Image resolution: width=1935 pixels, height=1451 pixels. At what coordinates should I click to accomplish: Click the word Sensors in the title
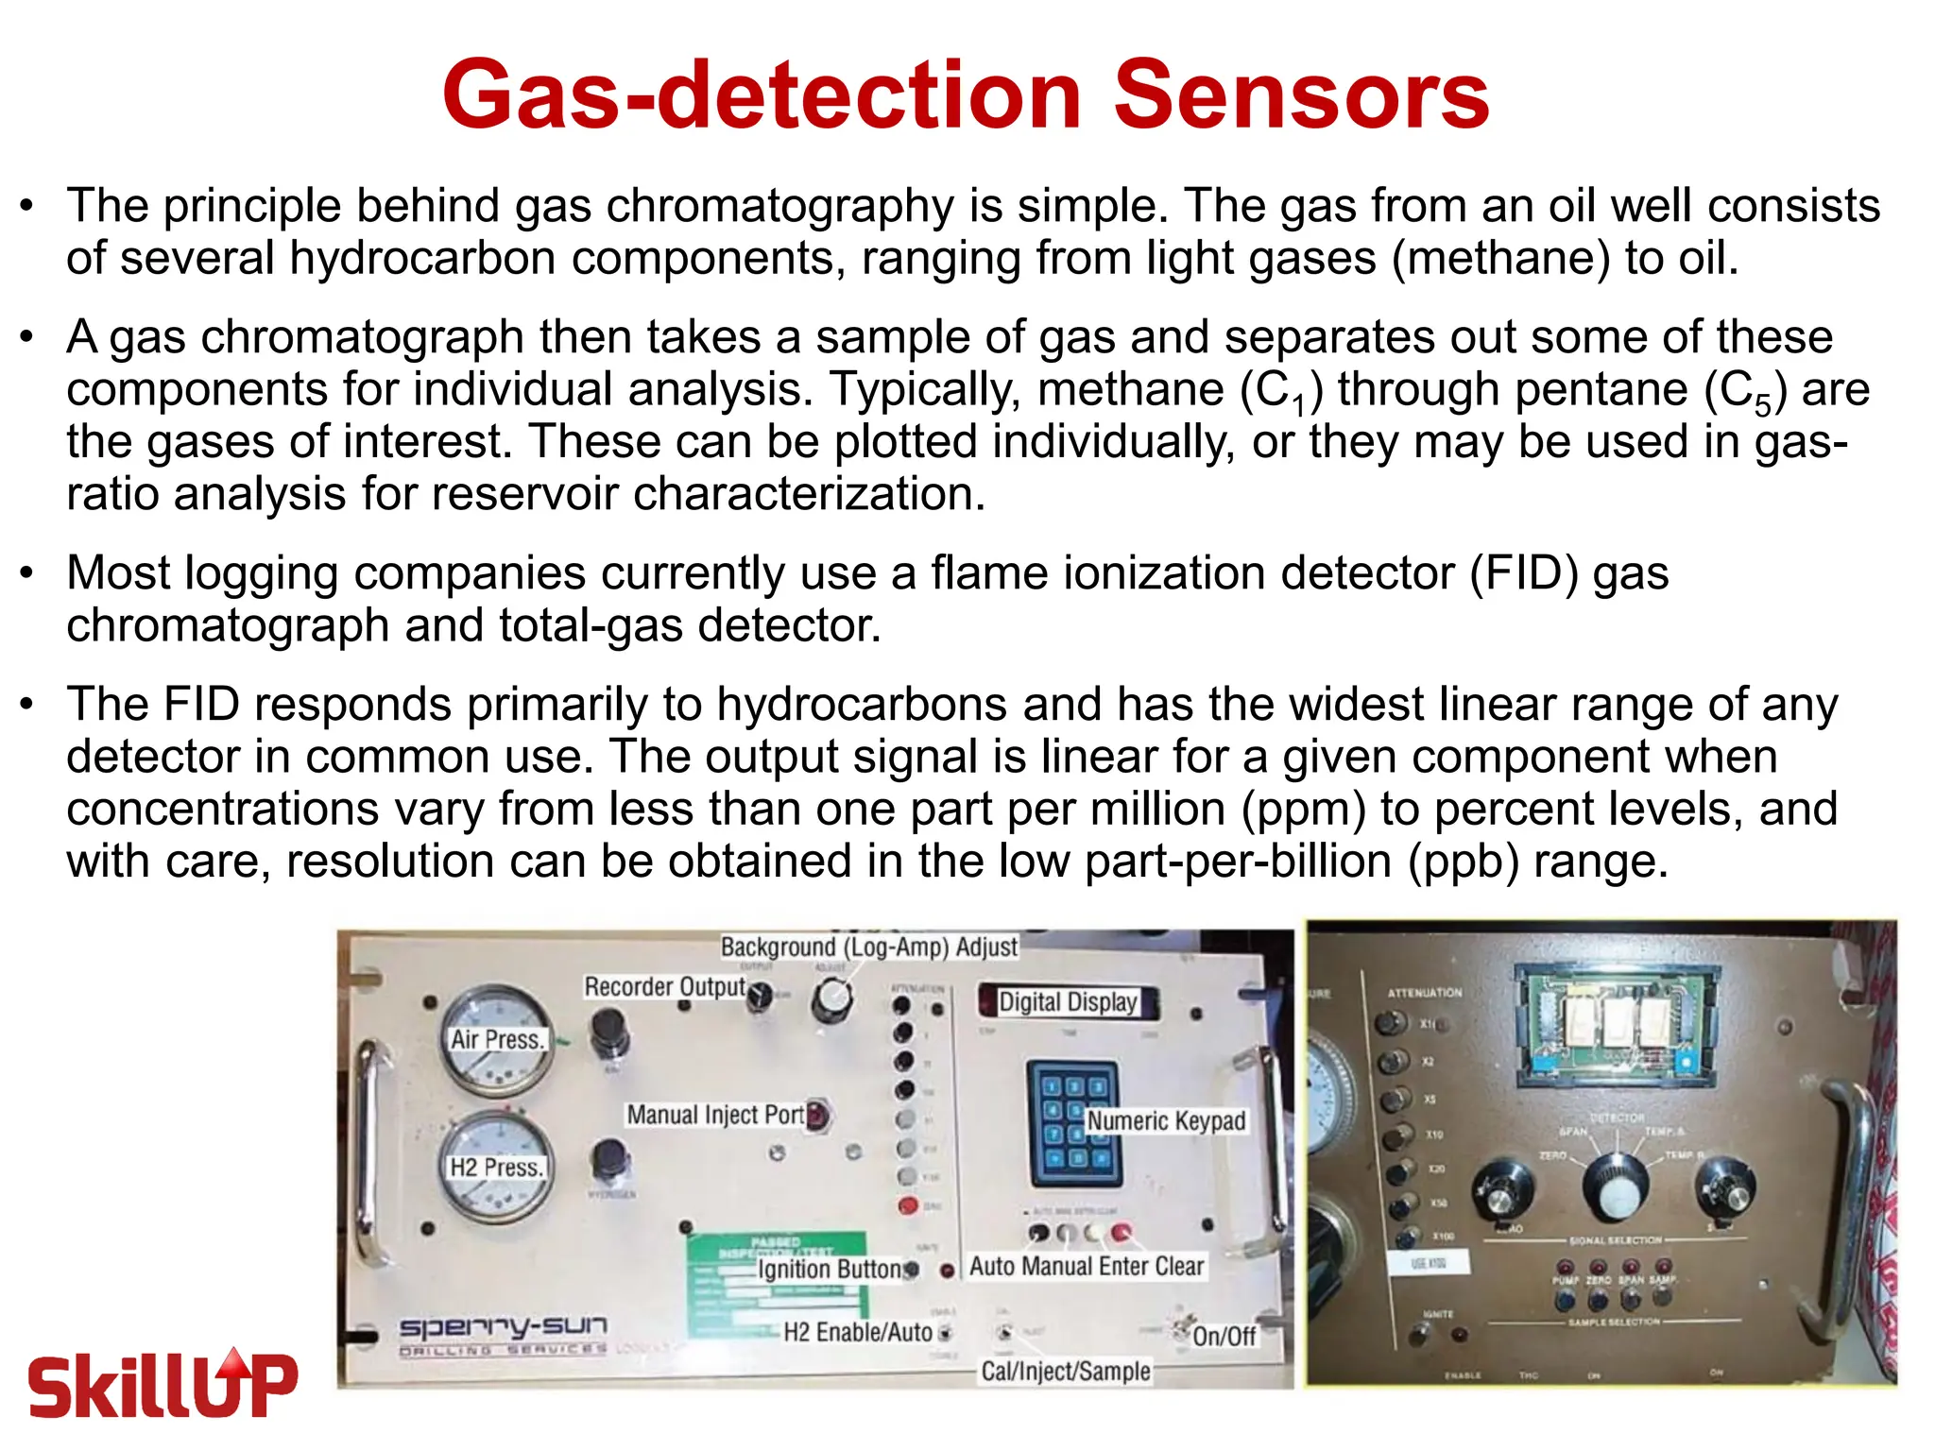pyautogui.click(x=1301, y=95)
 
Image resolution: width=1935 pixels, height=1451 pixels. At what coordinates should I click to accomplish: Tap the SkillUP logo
pyautogui.click(x=163, y=1383)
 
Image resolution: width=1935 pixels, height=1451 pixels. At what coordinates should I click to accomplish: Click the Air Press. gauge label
pyautogui.click(x=497, y=1039)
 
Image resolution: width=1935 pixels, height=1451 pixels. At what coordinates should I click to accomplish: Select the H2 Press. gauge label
pyautogui.click(x=497, y=1168)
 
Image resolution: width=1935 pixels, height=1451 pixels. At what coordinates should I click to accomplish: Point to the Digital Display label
pyautogui.click(x=1068, y=1002)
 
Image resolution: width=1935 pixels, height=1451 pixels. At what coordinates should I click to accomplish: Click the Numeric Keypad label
pyautogui.click(x=1166, y=1121)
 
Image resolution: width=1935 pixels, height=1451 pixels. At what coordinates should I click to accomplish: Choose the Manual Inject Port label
pyautogui.click(x=715, y=1116)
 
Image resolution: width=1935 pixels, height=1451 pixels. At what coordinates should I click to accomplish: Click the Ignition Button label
pyautogui.click(x=830, y=1270)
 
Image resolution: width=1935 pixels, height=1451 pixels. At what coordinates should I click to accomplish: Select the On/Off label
pyautogui.click(x=1224, y=1337)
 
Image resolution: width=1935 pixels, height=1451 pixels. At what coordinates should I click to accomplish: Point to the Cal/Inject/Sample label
pyautogui.click(x=1066, y=1372)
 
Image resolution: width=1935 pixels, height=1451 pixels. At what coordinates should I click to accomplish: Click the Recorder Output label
pyautogui.click(x=665, y=987)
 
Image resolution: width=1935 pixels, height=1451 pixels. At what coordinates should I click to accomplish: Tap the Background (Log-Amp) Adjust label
pyautogui.click(x=869, y=947)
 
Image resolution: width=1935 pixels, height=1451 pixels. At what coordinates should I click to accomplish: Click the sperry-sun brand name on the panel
pyautogui.click(x=504, y=1327)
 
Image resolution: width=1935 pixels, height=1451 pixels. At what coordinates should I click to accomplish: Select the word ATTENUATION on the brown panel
pyautogui.click(x=1424, y=993)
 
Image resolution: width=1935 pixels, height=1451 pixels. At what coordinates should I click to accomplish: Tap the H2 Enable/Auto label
pyautogui.click(x=857, y=1333)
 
